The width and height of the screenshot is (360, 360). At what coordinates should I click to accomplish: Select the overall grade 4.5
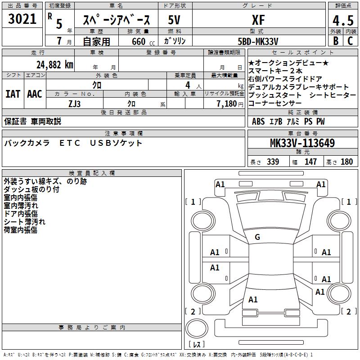342,21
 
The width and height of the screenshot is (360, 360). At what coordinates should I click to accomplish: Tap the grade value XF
258,19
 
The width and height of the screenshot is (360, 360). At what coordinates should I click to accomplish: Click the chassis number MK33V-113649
302,144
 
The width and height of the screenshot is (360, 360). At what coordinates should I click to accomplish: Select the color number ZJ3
75,103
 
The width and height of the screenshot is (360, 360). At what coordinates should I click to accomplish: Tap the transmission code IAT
13,94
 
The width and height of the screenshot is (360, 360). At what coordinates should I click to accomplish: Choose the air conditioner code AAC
35,94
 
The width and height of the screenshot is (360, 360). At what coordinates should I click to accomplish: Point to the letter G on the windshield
257,237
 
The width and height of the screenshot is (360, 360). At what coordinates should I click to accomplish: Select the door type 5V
175,20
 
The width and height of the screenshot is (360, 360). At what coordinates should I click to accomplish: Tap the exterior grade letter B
335,41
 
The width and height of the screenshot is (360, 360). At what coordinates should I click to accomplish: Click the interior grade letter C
351,41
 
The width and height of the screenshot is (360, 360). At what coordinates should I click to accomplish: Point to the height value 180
347,162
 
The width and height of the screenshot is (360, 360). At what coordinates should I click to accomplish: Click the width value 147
310,162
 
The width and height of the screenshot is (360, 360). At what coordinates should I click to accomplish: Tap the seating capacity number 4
187,85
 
